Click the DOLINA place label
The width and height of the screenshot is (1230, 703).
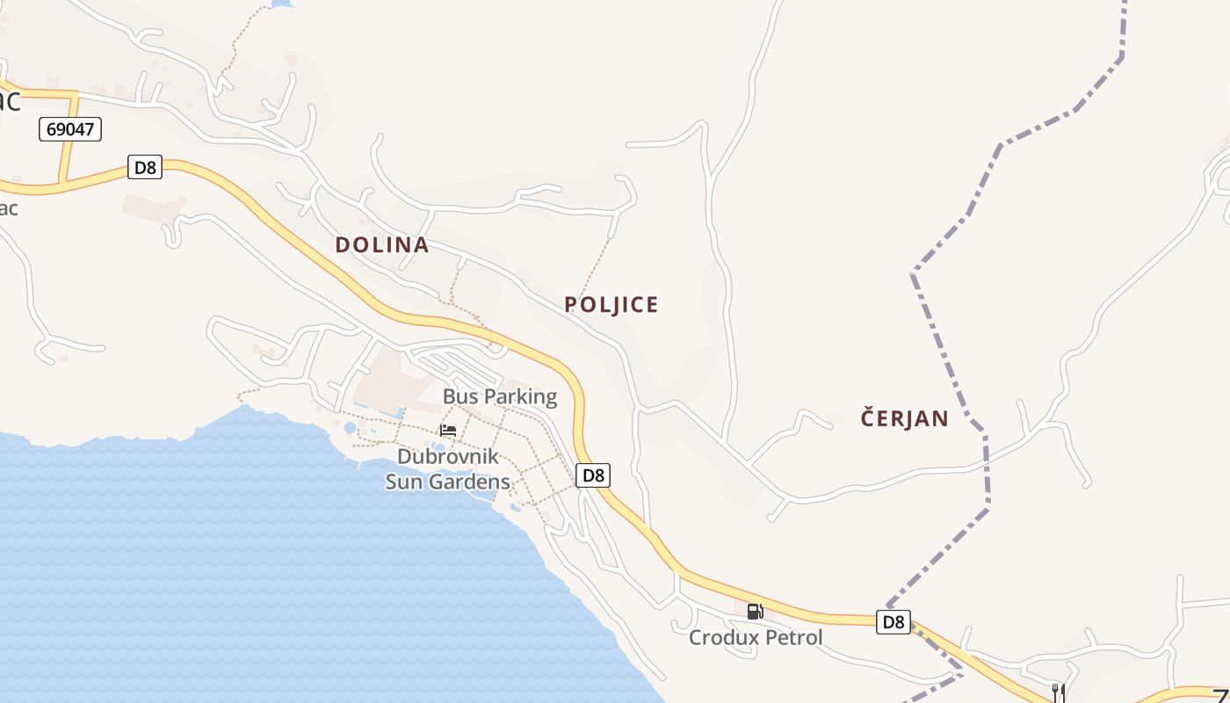click(382, 245)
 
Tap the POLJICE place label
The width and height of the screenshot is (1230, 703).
click(611, 305)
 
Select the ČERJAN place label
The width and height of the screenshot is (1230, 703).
click(905, 418)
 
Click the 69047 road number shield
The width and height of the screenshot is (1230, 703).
click(70, 130)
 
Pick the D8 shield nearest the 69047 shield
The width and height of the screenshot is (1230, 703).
click(145, 167)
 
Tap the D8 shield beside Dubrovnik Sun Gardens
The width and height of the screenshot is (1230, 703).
click(593, 475)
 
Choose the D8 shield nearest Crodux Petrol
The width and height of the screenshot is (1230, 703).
click(893, 622)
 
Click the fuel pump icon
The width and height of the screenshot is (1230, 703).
click(755, 611)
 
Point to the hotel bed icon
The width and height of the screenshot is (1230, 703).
click(448, 430)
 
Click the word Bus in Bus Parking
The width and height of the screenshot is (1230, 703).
click(460, 396)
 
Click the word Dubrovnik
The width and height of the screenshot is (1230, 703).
click(448, 457)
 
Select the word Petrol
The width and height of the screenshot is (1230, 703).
click(793, 638)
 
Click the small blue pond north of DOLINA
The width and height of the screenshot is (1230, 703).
click(281, 4)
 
